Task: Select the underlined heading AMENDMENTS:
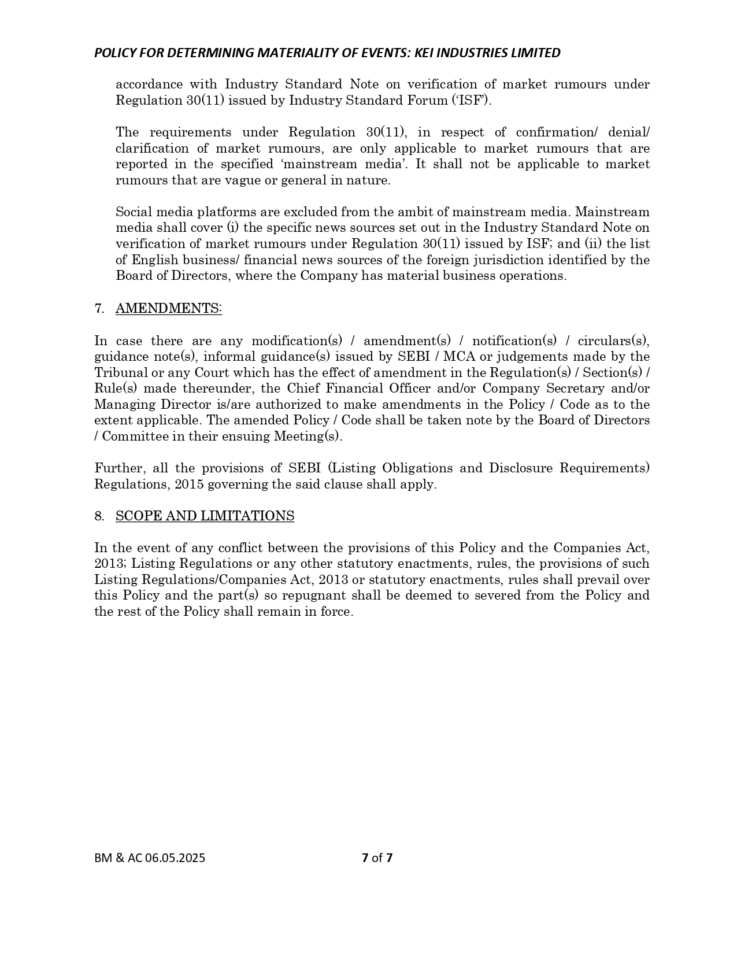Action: (168, 309)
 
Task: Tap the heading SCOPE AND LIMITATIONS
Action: (205, 516)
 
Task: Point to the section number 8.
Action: (99, 516)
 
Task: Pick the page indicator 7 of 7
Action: (377, 858)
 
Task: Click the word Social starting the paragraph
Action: (133, 212)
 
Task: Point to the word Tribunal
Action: (120, 373)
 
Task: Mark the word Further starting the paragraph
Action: (116, 468)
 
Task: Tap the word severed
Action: (497, 596)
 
